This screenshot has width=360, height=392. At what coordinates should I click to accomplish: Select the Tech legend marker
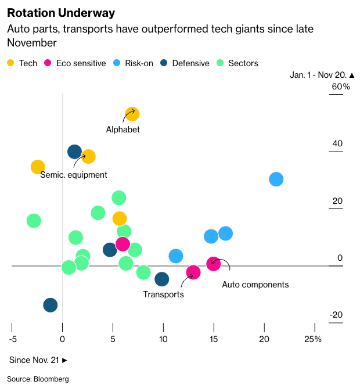point(11,63)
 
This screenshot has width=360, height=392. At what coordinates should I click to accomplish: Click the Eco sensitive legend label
point(81,63)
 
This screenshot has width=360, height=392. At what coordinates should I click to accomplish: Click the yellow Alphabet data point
point(132,114)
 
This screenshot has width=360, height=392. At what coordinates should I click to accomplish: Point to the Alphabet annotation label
point(123,130)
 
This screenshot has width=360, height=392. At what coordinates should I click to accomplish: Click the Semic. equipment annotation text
point(74,174)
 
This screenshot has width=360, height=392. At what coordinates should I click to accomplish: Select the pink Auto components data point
point(213,264)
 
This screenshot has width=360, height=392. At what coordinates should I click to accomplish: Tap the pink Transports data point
point(193,272)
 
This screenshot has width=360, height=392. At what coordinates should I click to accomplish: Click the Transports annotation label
point(163,294)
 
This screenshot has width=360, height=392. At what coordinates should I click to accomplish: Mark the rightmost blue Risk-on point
point(276,179)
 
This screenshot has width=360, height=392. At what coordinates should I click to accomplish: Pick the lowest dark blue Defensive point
point(51,305)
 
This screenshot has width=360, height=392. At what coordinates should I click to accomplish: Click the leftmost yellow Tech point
point(38,167)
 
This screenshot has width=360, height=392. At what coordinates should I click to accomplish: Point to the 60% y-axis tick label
point(340,87)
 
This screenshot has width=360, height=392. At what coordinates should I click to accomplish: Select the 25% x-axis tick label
point(313,339)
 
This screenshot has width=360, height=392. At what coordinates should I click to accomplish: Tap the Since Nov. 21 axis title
point(38,360)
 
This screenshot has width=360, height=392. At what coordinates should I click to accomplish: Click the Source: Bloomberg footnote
point(38,379)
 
